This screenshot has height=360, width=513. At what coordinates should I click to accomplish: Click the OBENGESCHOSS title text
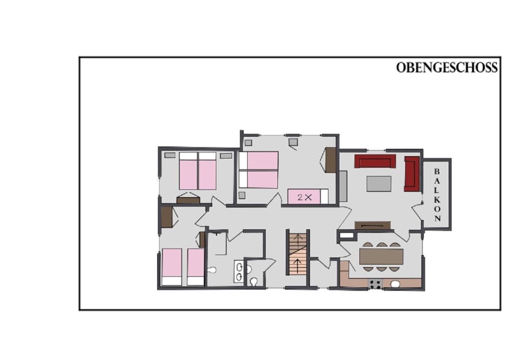[447, 68]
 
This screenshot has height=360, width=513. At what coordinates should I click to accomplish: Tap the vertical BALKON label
[437, 195]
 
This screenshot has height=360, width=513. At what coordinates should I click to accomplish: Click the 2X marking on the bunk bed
[304, 197]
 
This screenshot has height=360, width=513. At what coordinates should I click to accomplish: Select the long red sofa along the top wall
[375, 161]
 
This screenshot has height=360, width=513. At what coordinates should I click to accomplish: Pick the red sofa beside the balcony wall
[412, 174]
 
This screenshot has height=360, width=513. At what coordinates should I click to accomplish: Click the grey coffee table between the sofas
[379, 184]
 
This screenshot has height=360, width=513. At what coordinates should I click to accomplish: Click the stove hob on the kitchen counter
[375, 284]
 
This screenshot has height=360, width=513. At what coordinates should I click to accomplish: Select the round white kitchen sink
[395, 284]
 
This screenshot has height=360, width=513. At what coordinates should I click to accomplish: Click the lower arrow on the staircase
[297, 266]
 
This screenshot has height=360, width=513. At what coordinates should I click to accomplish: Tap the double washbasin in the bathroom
[239, 271]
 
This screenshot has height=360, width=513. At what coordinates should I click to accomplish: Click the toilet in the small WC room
[254, 282]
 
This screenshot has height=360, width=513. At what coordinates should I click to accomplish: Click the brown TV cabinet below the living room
[373, 225]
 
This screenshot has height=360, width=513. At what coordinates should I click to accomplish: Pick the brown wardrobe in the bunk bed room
[331, 160]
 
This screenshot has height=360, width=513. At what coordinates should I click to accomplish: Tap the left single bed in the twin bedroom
[172, 267]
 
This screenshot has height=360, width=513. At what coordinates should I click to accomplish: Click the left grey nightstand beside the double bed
[170, 155]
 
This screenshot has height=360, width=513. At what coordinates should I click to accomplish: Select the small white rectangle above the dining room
[347, 235]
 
